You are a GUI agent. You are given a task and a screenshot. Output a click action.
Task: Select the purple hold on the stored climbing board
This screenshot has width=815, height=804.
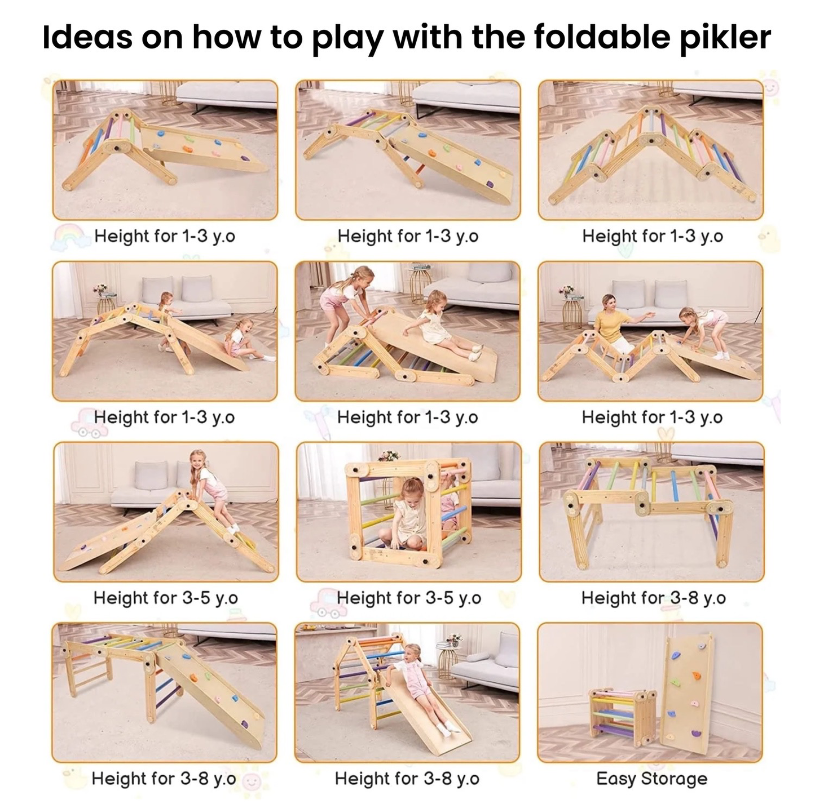click(697, 722)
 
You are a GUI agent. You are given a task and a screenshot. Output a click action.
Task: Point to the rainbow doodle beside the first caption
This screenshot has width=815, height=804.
click(67, 235)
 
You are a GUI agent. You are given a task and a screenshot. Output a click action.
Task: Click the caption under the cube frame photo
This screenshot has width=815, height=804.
click(409, 598)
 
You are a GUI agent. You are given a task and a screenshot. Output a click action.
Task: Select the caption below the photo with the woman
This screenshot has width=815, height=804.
click(652, 417)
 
